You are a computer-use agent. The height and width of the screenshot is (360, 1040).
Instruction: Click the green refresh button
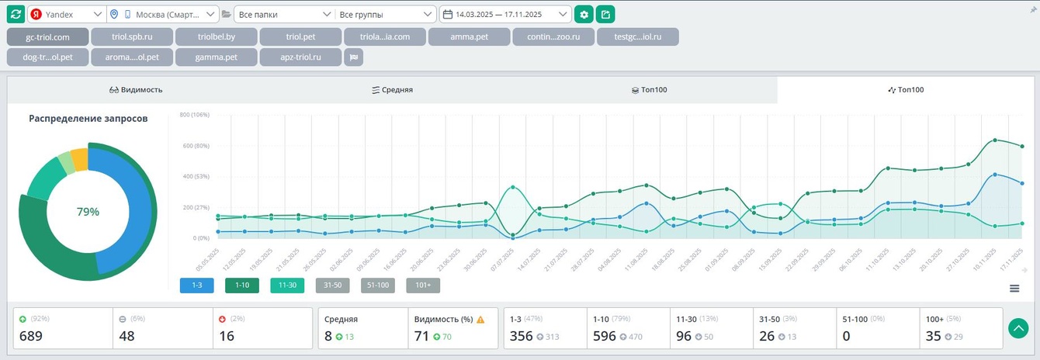pyautogui.click(x=16, y=14)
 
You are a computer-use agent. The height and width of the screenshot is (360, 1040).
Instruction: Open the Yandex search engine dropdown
pyautogui.click(x=66, y=14)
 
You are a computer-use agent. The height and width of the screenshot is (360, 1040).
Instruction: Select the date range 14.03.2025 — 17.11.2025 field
pyautogui.click(x=505, y=14)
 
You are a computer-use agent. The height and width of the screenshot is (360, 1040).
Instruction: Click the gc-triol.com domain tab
pyautogui.click(x=47, y=36)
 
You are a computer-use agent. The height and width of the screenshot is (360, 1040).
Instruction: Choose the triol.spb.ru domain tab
pyautogui.click(x=131, y=36)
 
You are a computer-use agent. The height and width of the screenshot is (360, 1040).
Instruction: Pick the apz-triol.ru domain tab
pyautogui.click(x=301, y=57)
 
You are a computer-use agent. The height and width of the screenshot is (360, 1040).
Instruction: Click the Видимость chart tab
pyautogui.click(x=136, y=90)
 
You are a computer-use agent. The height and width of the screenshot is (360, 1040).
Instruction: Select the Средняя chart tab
pyautogui.click(x=392, y=90)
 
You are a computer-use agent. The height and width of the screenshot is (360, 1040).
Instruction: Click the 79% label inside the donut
pyautogui.click(x=88, y=211)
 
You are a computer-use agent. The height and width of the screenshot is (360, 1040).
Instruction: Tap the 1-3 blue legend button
pyautogui.click(x=196, y=286)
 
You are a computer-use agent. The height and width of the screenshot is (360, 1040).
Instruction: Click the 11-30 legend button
pyautogui.click(x=287, y=286)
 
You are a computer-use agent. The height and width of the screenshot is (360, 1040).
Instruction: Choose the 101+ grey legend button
pyautogui.click(x=423, y=286)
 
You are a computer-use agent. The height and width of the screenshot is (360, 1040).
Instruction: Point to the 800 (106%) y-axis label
pyautogui.click(x=195, y=115)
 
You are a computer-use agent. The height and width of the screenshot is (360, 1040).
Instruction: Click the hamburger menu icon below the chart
pyautogui.click(x=1014, y=289)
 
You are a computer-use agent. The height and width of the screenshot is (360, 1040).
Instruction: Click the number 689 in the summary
pyautogui.click(x=31, y=336)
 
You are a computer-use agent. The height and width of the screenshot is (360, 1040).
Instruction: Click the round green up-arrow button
pyautogui.click(x=1018, y=328)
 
